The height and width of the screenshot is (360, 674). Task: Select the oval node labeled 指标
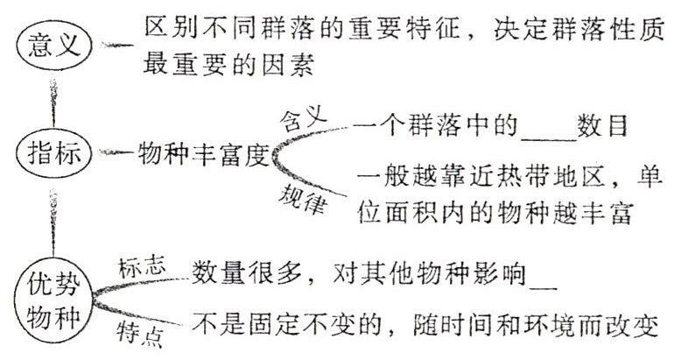click(x=55, y=154)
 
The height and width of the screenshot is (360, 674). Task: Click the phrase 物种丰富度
click(x=201, y=155)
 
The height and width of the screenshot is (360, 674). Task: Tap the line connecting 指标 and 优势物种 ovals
click(x=55, y=220)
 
